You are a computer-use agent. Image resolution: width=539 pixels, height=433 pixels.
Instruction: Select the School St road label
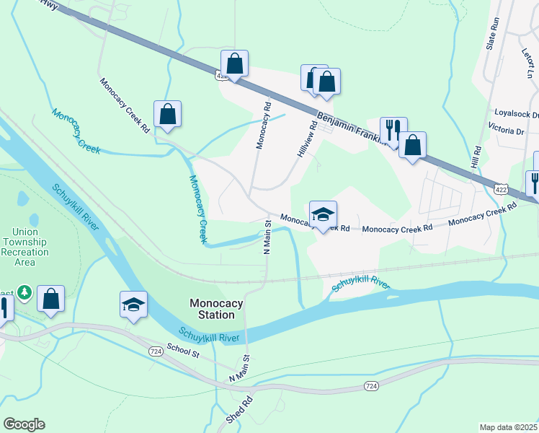[x=183, y=349]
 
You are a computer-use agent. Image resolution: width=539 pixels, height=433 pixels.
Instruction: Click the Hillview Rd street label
[x=307, y=140]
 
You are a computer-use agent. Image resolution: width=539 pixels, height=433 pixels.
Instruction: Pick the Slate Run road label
[x=493, y=32]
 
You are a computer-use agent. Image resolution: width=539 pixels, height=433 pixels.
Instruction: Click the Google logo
[x=24, y=424]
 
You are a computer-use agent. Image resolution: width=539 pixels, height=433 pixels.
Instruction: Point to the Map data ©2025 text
[x=507, y=427]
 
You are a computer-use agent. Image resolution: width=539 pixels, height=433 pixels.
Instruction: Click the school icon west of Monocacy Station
[x=134, y=303]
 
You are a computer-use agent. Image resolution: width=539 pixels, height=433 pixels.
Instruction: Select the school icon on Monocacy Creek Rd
[x=323, y=213]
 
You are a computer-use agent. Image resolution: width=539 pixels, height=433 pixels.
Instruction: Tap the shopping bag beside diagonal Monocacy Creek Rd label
[x=167, y=113]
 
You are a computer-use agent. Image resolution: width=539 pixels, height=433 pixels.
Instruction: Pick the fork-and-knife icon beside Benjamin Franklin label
[x=393, y=130]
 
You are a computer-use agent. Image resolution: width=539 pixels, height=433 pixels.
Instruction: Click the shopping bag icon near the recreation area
[x=51, y=298]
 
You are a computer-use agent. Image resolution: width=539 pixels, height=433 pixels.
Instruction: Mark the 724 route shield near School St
[x=155, y=351]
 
